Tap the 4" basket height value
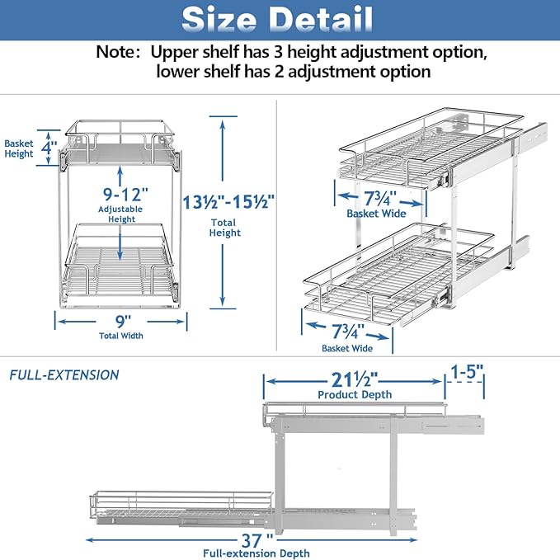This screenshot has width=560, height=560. pos(51,149)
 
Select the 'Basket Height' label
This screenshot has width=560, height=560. pos(19,148)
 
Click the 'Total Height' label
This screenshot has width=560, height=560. pos(224,227)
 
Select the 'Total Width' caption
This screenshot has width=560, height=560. pos(121,336)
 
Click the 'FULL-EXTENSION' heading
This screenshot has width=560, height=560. pos(64,375)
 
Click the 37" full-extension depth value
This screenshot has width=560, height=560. pos(259,540)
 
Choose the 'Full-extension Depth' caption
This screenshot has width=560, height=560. pos(259,553)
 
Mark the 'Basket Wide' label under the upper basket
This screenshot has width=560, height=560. pos(376,214)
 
